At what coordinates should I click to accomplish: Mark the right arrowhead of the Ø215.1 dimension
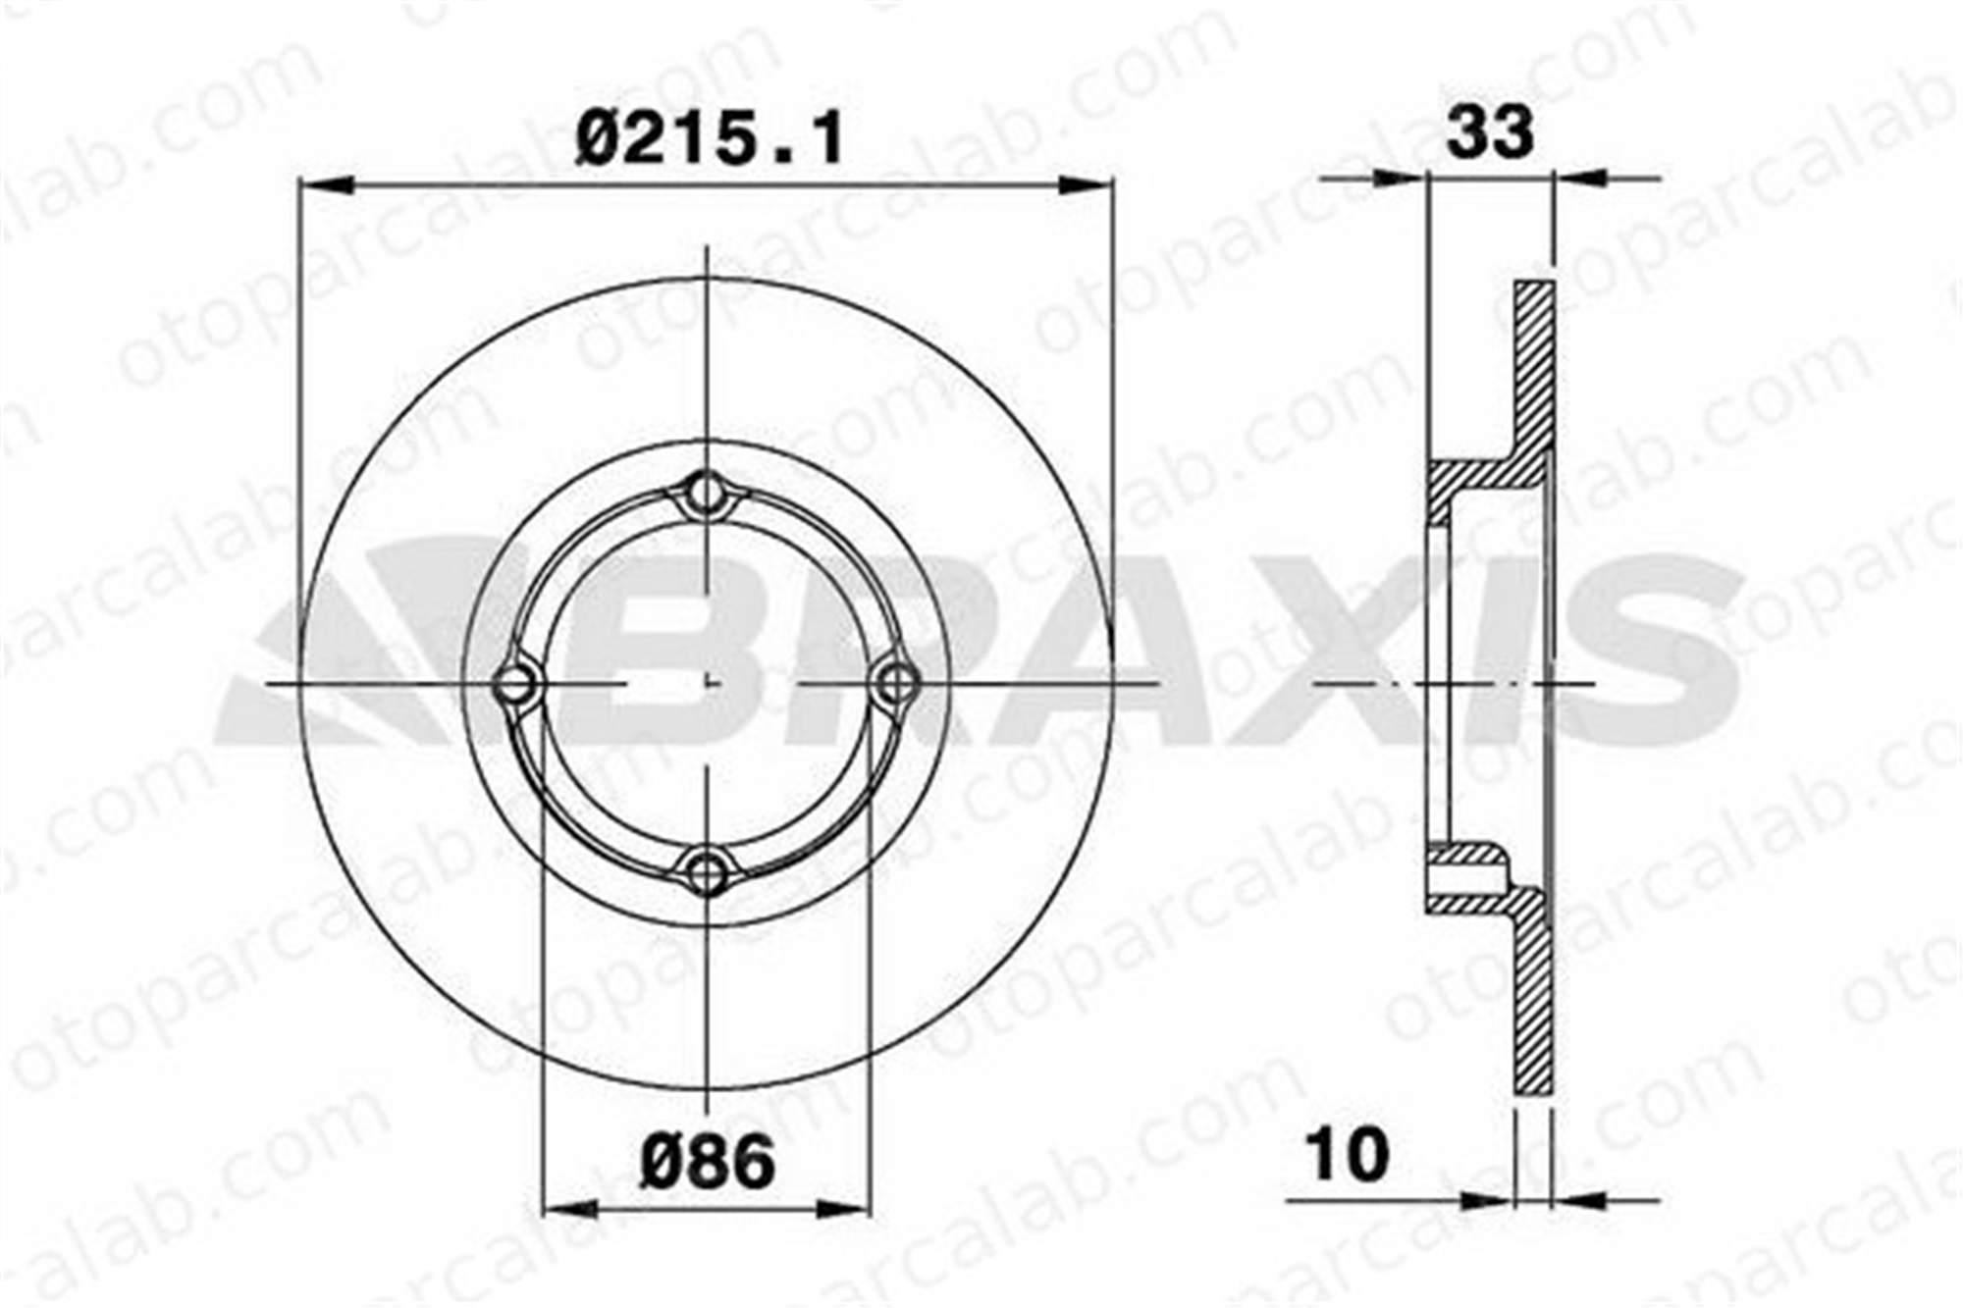1087,183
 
